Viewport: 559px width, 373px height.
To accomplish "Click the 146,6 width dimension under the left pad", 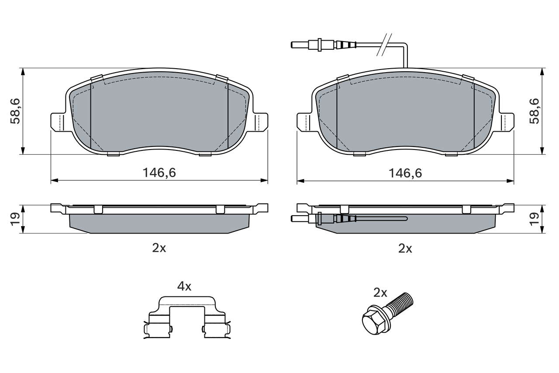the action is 159,173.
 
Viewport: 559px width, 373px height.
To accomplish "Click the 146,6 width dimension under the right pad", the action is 405,173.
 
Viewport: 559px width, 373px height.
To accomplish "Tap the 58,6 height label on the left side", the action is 15,111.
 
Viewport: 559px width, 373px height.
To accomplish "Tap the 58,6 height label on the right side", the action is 534,111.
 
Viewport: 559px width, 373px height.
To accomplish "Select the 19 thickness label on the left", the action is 15,219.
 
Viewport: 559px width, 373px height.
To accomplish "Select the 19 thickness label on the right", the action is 534,219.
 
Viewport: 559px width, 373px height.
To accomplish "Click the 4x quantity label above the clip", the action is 184,286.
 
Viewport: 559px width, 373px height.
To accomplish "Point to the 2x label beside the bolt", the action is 380,293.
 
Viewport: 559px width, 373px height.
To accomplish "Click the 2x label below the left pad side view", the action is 159,248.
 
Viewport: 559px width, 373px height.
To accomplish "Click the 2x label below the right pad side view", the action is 405,248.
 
